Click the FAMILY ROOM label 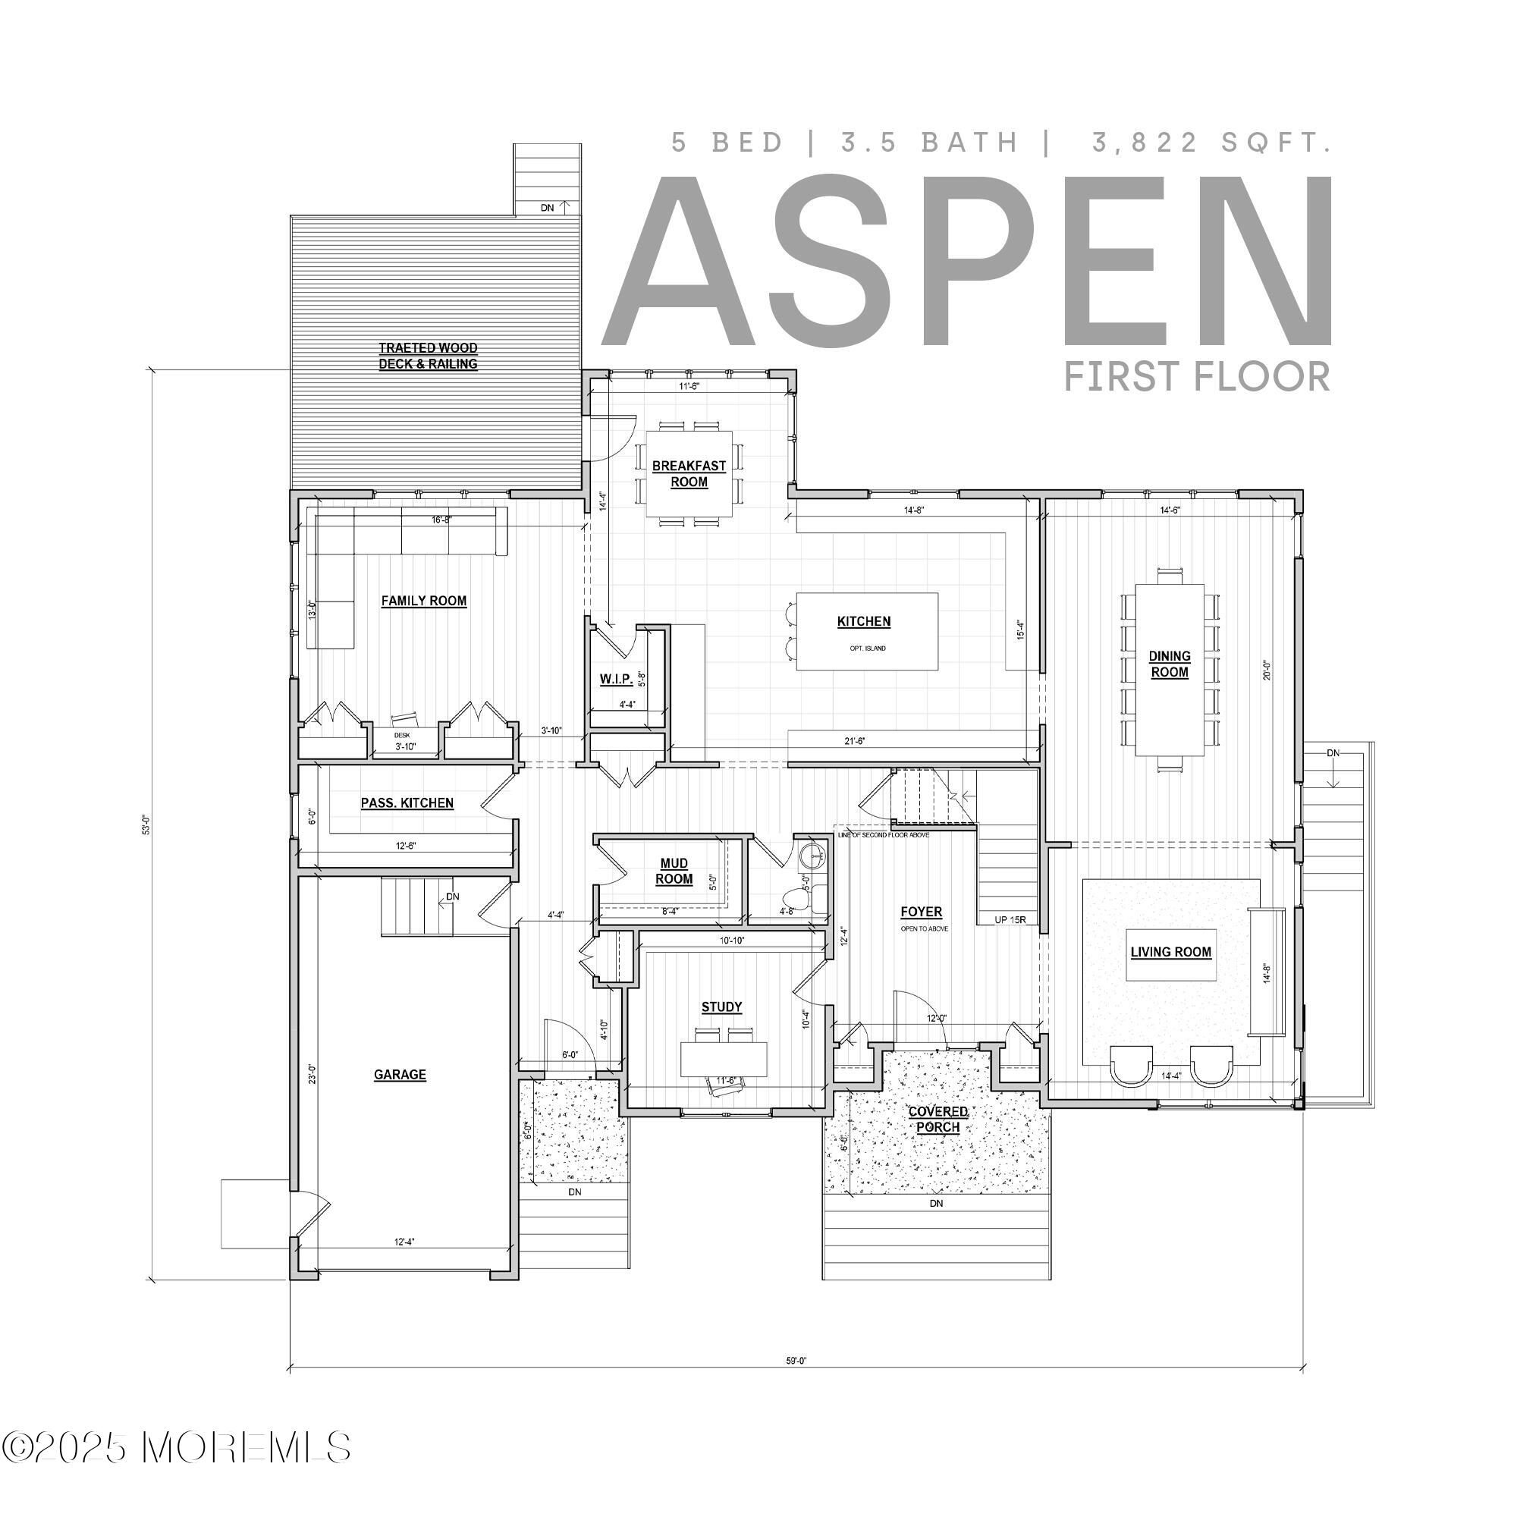point(424,601)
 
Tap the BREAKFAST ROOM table point(689,474)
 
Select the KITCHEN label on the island point(864,622)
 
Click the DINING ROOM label point(1169,664)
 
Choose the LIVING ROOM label point(1170,953)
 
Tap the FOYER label point(921,912)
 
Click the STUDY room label point(721,1007)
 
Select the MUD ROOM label point(674,872)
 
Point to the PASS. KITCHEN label point(407,803)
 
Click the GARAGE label point(400,1075)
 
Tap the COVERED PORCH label point(938,1120)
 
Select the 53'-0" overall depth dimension point(146,824)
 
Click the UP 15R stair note point(1010,919)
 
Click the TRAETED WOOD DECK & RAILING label point(428,356)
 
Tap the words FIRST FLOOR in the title point(1197,377)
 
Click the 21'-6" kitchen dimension point(853,740)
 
